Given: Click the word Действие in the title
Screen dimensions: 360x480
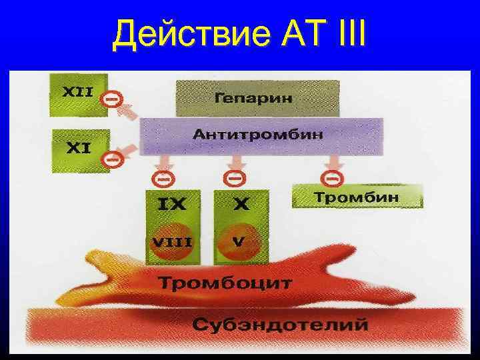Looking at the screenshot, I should (x=191, y=33).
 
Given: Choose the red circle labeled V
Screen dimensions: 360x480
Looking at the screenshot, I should (x=238, y=243).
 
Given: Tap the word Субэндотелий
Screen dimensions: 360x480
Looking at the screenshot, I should (x=280, y=325).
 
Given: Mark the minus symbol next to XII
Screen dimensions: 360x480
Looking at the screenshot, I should (x=111, y=99).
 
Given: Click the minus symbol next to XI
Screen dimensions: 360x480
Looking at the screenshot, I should (x=111, y=160).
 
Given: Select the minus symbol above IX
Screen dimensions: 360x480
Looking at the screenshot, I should (x=161, y=178).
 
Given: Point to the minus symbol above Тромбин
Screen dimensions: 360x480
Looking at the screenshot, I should (x=331, y=178).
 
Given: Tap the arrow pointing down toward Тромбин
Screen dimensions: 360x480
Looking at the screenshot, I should (x=331, y=163).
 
